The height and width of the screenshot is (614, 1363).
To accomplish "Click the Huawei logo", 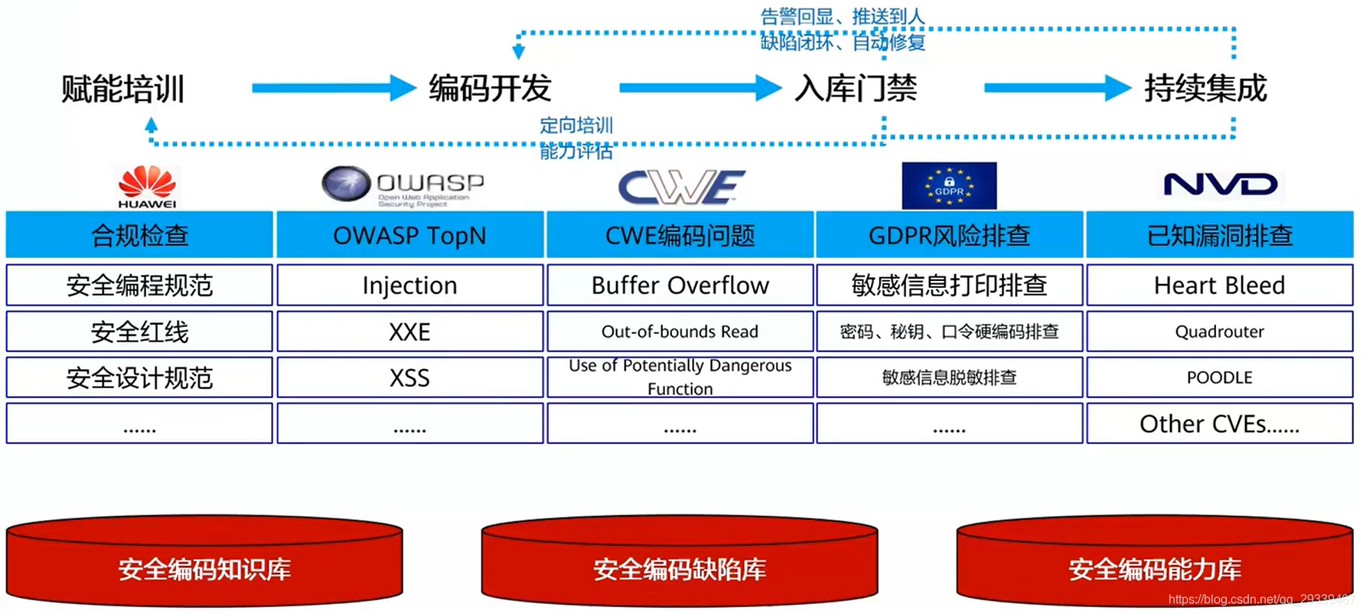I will tap(147, 186).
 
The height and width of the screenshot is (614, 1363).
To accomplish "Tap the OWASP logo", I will tap(403, 186).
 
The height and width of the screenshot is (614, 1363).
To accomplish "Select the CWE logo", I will tap(680, 186).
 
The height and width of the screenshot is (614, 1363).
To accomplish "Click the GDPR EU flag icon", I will tap(949, 186).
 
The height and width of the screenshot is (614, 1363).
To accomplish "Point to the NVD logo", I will tap(1220, 185).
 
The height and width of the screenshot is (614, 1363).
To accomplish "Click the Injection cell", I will tap(409, 286).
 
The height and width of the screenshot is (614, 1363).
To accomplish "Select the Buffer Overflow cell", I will tap(680, 286).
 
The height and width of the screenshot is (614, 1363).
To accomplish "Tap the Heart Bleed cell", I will tap(1219, 286).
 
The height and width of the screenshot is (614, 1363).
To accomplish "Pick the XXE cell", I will tap(409, 331).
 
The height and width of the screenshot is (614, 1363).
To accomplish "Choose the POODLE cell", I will tap(1219, 377).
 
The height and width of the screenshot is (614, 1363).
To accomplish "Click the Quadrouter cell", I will tap(1219, 331).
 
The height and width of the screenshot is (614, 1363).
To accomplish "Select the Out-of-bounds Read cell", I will tap(680, 331).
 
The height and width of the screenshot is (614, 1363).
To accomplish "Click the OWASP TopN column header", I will tap(409, 235).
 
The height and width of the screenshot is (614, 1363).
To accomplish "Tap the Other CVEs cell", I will tap(1219, 423).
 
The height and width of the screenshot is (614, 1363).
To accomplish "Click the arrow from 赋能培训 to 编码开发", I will tap(333, 88).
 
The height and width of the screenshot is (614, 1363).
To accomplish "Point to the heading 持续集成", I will tap(1205, 89).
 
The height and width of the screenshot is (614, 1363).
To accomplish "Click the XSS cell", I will tap(409, 377).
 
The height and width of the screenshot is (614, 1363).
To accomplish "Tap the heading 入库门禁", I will tap(856, 89).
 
